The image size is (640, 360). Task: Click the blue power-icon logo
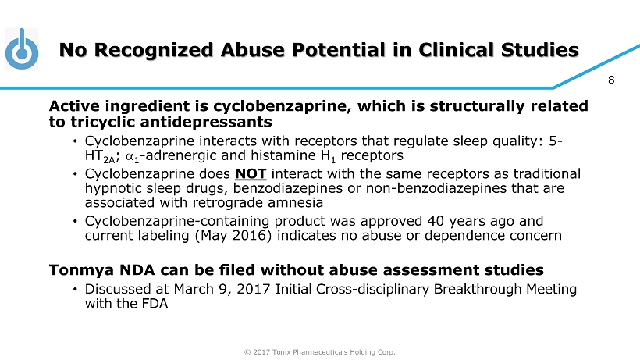pyautogui.click(x=22, y=48)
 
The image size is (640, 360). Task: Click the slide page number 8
pyautogui.click(x=611, y=80)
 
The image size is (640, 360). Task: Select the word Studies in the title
pyautogui.click(x=539, y=50)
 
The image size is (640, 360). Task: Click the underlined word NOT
pyautogui.click(x=251, y=174)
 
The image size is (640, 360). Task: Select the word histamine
pyautogui.click(x=283, y=155)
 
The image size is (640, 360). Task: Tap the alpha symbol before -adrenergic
pyautogui.click(x=130, y=156)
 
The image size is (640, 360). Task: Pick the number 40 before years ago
pyautogui.click(x=436, y=221)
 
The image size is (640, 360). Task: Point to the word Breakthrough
pyautogui.click(x=477, y=290)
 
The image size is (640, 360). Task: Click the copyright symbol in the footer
pyautogui.click(x=247, y=352)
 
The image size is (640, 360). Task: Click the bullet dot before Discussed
pyautogui.click(x=75, y=290)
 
